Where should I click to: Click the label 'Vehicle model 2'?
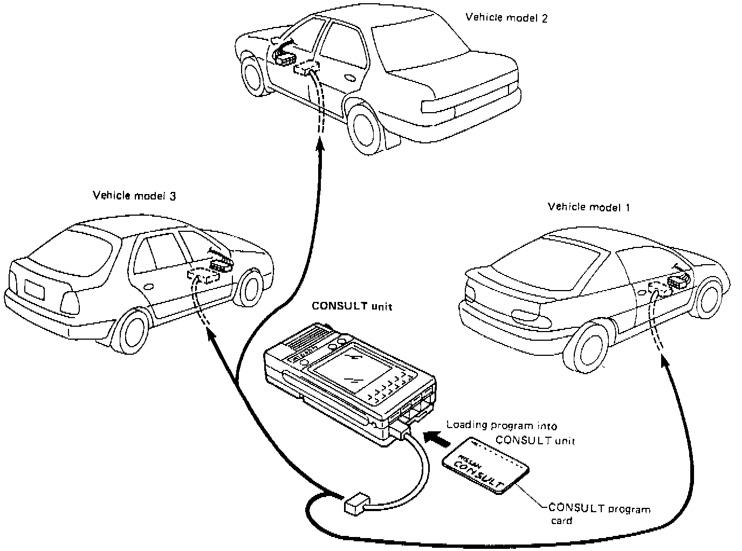pos(506,18)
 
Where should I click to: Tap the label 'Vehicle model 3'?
pos(134,195)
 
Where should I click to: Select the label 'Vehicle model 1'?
pos(588,207)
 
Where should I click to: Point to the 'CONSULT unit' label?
pos(352,307)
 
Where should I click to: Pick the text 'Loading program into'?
pos(501,425)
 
